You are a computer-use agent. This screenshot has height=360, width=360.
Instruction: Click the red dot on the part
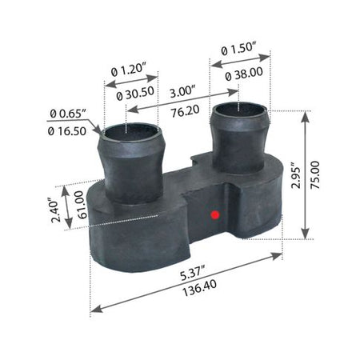coord(215,215)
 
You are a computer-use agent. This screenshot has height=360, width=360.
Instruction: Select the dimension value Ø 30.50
coord(135,94)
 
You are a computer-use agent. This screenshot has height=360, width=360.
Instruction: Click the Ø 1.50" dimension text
coord(238,49)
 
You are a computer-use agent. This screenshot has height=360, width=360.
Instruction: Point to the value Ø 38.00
coord(244,74)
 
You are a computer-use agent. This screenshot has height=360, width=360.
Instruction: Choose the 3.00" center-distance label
coord(182,92)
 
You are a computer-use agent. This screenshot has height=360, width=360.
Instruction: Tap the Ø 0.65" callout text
coord(67,114)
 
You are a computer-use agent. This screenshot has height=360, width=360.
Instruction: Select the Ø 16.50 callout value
coord(67,131)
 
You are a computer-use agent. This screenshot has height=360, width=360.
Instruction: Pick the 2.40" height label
coord(55,210)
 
